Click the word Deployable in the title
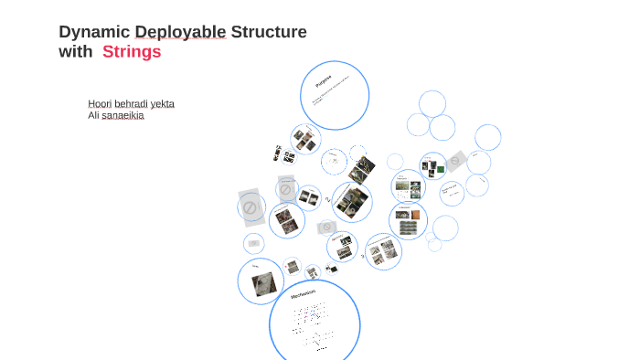(x=180, y=32)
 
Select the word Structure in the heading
(x=269, y=32)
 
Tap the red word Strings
(x=132, y=52)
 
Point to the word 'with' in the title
(x=75, y=52)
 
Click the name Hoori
(x=99, y=103)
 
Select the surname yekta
(x=162, y=103)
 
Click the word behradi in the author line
(x=131, y=103)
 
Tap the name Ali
(x=93, y=115)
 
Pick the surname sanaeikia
(x=123, y=115)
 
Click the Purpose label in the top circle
(x=324, y=81)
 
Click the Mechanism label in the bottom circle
(x=303, y=294)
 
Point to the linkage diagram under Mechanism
(x=312, y=325)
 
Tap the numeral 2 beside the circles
(x=327, y=199)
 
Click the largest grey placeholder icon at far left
(x=251, y=207)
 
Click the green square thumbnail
(x=441, y=169)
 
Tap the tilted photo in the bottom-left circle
(x=264, y=283)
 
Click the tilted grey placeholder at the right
(x=455, y=161)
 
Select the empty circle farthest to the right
(x=487, y=138)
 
